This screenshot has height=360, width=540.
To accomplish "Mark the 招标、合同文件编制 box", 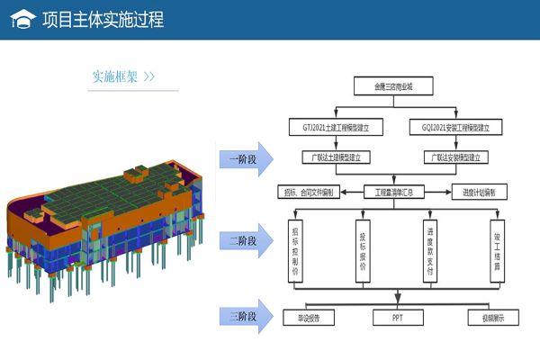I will click(309, 191).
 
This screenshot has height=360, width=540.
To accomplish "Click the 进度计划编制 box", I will click(480, 191).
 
